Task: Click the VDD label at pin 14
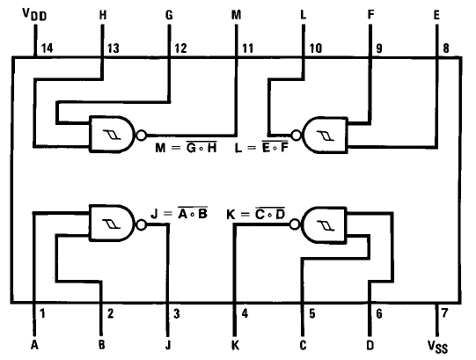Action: click(34, 14)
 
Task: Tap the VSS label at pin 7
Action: click(437, 347)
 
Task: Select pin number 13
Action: click(114, 48)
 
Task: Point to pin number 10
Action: click(315, 48)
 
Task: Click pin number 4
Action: click(245, 313)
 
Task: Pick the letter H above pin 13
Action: click(103, 15)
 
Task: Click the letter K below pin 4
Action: click(235, 345)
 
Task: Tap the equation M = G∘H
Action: click(187, 148)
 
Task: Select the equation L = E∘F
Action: click(261, 147)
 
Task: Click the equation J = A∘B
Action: click(179, 213)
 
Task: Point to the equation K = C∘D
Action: click(256, 214)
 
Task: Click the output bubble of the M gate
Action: click(141, 135)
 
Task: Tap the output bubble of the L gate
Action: click(296, 135)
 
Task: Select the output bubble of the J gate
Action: click(141, 224)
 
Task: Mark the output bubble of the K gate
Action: click(294, 224)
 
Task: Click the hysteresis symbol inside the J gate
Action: click(112, 224)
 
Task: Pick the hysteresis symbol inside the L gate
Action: click(326, 136)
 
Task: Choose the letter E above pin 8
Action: click(436, 15)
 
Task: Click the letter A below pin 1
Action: click(34, 345)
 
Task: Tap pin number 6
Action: click(379, 313)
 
